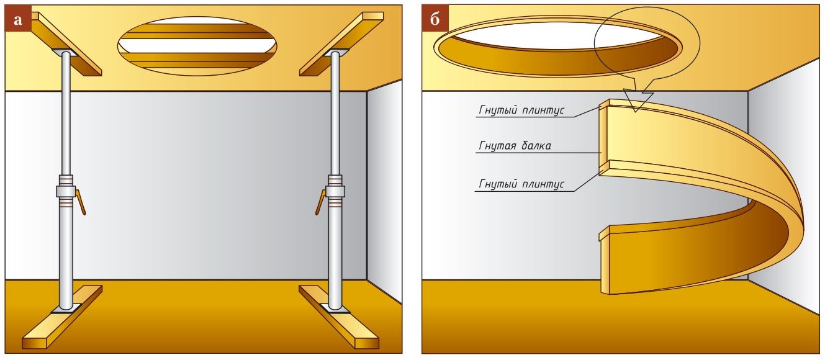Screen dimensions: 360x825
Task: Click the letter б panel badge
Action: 434,20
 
